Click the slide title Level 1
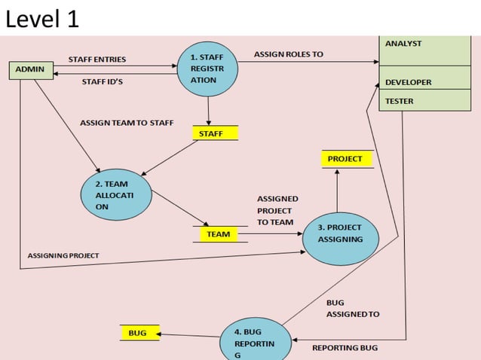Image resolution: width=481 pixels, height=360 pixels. (x=42, y=19)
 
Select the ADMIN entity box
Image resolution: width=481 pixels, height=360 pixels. (x=29, y=70)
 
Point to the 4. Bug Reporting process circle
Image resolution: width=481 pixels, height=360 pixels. (x=256, y=340)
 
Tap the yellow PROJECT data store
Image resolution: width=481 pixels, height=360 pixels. (x=345, y=159)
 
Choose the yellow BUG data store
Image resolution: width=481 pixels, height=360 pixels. (x=137, y=332)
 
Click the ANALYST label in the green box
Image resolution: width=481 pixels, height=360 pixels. (x=403, y=44)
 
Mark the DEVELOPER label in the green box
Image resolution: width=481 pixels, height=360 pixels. (x=408, y=82)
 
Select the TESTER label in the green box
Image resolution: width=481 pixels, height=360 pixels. (x=399, y=100)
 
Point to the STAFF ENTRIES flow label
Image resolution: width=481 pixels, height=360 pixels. (x=97, y=59)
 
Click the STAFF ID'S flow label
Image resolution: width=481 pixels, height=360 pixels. (x=103, y=82)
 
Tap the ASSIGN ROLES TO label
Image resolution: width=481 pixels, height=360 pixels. (x=289, y=54)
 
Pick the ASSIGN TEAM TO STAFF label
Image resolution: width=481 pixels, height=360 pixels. (x=127, y=122)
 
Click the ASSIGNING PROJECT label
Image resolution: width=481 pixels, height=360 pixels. (x=63, y=256)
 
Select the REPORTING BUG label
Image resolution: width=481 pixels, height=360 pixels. (x=345, y=348)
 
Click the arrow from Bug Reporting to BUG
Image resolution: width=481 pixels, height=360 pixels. (x=188, y=334)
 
